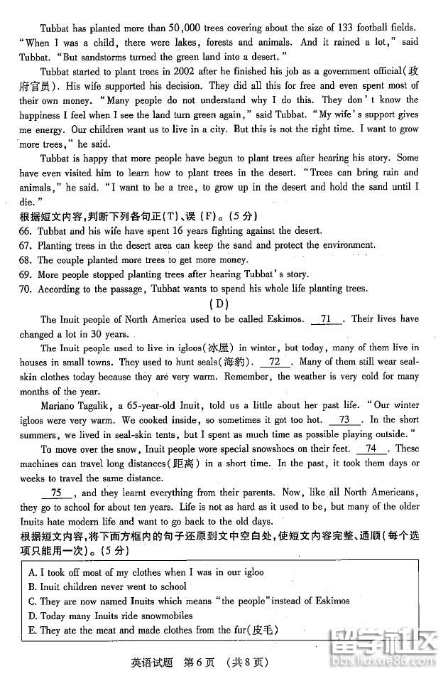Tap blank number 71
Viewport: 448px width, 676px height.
click(327, 319)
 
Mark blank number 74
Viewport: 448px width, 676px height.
click(371, 449)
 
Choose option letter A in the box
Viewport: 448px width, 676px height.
click(33, 572)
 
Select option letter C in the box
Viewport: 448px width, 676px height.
click(33, 601)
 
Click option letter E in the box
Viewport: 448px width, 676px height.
click(33, 631)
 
